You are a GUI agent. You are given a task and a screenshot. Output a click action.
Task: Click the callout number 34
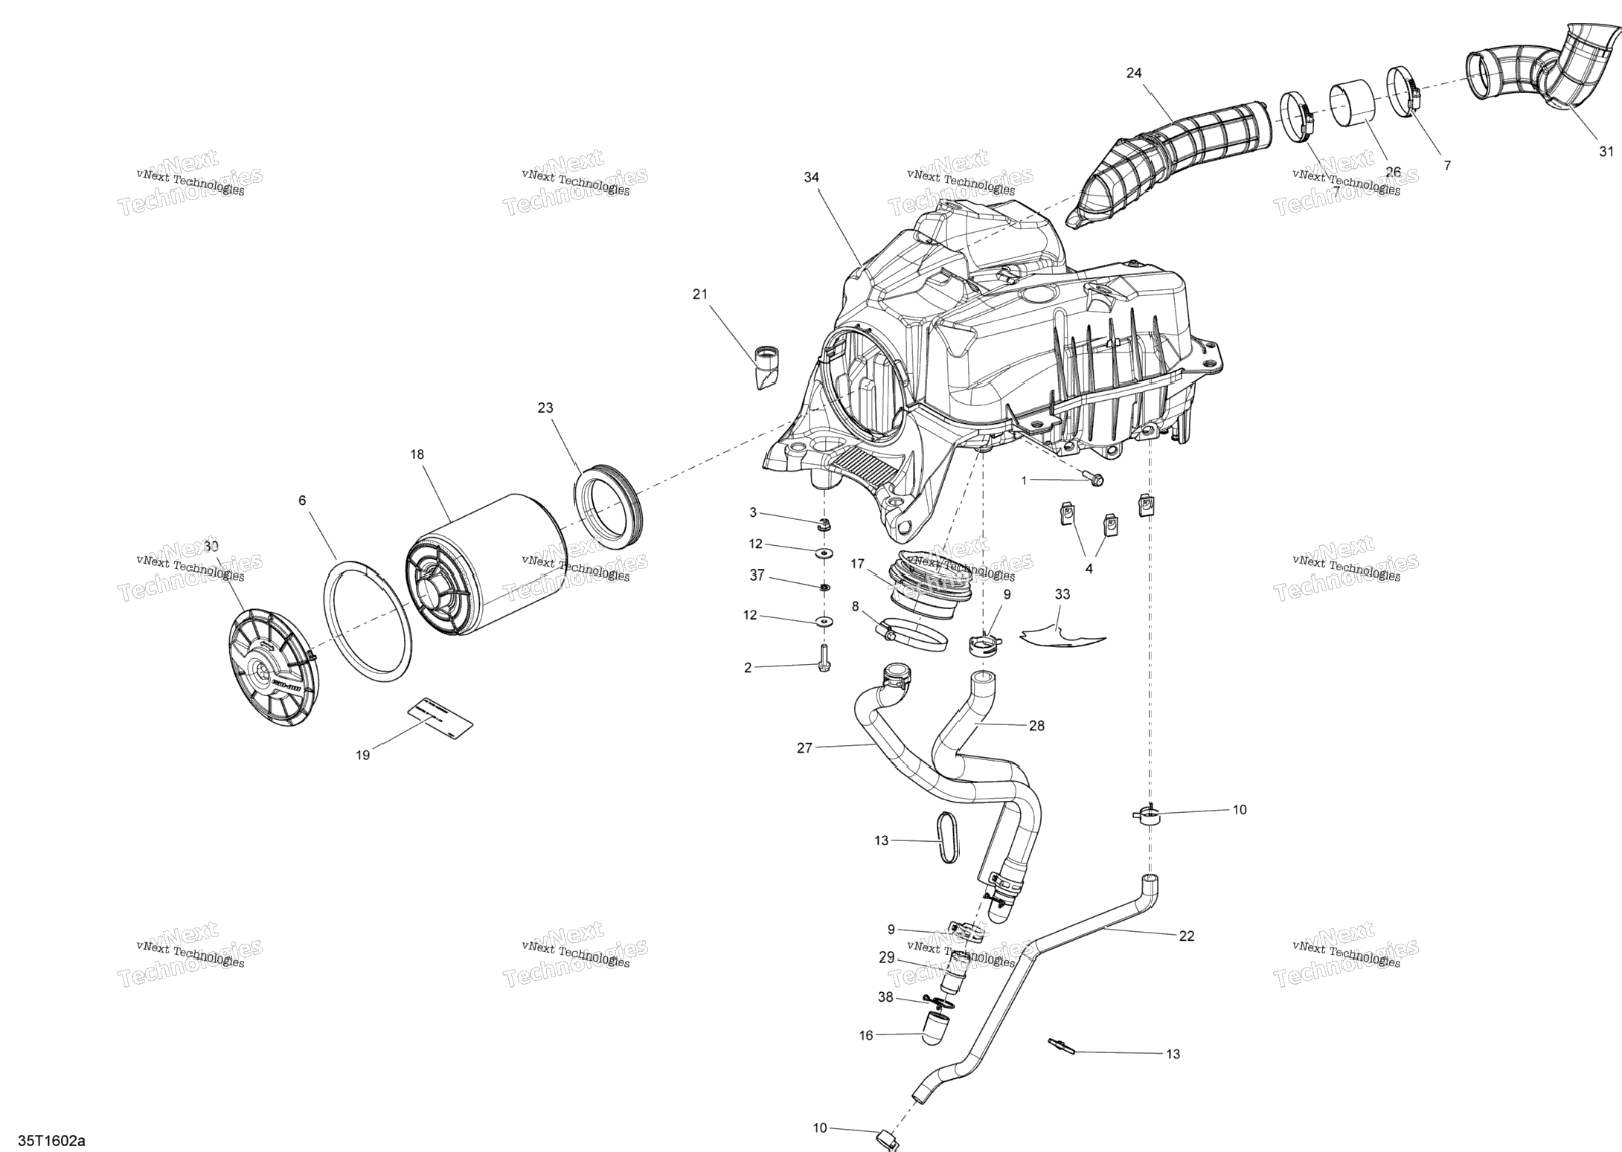point(811,177)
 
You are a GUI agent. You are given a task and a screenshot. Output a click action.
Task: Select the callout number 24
point(1134,73)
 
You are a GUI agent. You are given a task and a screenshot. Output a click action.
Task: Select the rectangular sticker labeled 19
point(440,718)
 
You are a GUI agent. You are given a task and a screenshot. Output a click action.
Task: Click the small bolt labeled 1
point(1092,480)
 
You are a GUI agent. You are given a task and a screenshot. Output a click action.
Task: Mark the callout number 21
point(699,295)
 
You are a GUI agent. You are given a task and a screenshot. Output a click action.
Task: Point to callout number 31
point(1606,152)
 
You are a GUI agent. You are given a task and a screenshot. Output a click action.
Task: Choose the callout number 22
point(1187,936)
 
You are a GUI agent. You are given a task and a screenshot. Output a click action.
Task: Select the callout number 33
point(1062,594)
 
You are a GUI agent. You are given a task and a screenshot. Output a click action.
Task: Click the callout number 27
point(804,748)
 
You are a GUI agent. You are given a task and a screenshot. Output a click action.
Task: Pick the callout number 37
point(757,576)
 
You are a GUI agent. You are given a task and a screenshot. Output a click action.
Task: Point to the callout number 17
point(858,564)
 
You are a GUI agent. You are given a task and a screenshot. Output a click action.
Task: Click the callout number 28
point(1036,726)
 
